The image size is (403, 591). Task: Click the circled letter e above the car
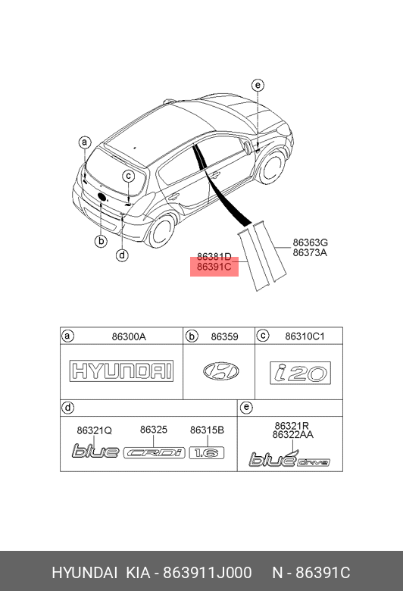click(x=258, y=85)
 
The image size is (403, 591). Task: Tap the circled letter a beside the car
click(x=85, y=142)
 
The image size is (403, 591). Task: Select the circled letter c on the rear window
click(x=129, y=176)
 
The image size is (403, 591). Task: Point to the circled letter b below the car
click(x=101, y=241)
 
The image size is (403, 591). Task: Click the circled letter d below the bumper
click(x=122, y=255)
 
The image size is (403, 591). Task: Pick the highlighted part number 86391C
click(x=214, y=267)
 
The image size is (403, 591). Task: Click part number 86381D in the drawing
click(x=214, y=257)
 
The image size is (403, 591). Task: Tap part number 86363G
click(x=311, y=242)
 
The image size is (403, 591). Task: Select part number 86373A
click(x=310, y=252)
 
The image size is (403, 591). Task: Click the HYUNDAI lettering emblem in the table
click(x=121, y=371)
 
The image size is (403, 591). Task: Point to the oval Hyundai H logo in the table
click(x=221, y=371)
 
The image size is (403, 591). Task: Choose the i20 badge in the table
click(x=300, y=373)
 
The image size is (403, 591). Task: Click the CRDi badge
click(x=155, y=452)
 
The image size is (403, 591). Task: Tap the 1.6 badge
click(x=207, y=452)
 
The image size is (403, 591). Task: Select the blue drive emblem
click(x=289, y=458)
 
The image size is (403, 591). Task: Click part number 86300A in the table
click(x=129, y=336)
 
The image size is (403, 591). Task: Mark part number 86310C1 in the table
click(x=305, y=336)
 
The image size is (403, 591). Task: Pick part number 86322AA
click(x=293, y=435)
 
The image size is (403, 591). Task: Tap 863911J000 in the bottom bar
click(x=207, y=573)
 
